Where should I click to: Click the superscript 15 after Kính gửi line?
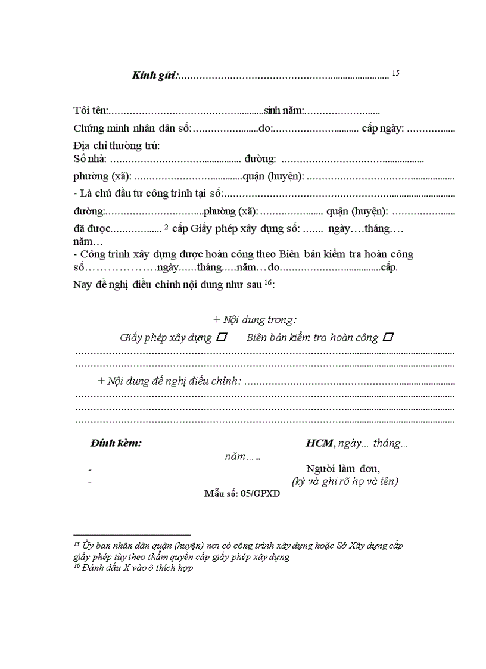[395, 73]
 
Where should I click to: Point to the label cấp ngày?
[383, 128]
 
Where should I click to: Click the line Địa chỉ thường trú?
[117, 145]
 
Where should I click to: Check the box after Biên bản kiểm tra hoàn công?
[388, 337]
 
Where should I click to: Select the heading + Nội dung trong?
[255, 320]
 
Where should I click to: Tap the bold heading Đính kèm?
[116, 444]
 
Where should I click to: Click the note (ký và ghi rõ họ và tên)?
[345, 481]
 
